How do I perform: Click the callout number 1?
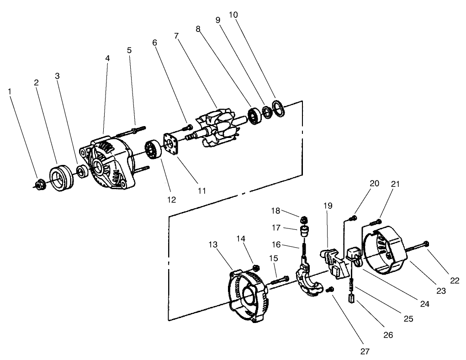pos(10,91)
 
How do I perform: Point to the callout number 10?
pos(233,15)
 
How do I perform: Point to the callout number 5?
pos(129,50)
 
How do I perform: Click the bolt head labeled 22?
pos(426,243)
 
